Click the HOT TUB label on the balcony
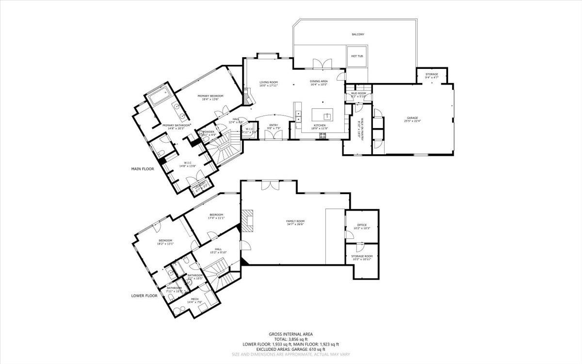(x=357, y=56)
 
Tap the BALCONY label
(x=358, y=34)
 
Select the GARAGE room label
(x=412, y=118)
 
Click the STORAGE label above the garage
(x=432, y=74)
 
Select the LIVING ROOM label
(x=268, y=83)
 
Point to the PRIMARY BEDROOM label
(x=210, y=96)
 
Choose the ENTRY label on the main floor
(x=274, y=125)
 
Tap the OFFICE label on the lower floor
(x=362, y=225)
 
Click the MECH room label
(x=194, y=299)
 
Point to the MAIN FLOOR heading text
(x=143, y=169)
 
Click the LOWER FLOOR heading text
(x=144, y=295)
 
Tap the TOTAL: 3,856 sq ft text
(x=291, y=339)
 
